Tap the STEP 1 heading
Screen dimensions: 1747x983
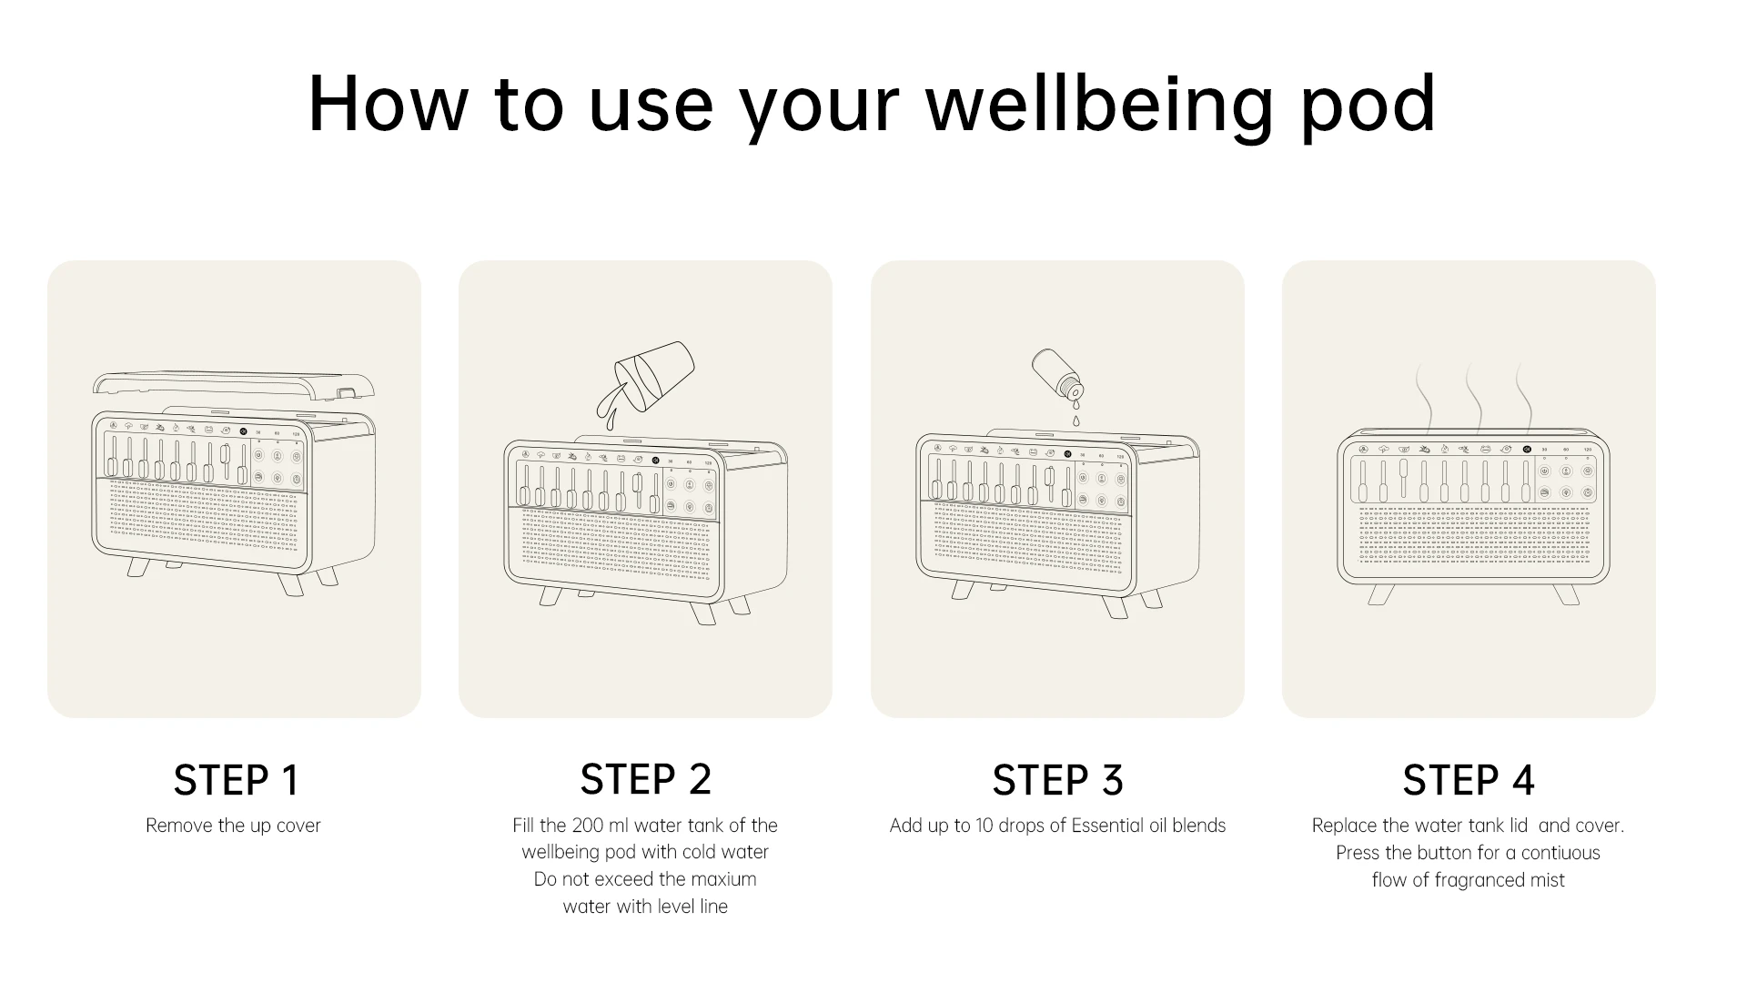coord(236,780)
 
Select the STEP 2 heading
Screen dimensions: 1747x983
coord(645,779)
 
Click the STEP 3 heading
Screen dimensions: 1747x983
coord(1057,780)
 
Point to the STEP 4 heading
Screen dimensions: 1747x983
coord(1469,780)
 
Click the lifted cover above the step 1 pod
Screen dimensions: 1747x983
coord(234,385)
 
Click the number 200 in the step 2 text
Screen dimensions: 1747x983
coord(586,826)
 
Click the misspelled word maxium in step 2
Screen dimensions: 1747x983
coord(723,879)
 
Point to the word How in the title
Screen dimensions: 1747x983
coord(388,104)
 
